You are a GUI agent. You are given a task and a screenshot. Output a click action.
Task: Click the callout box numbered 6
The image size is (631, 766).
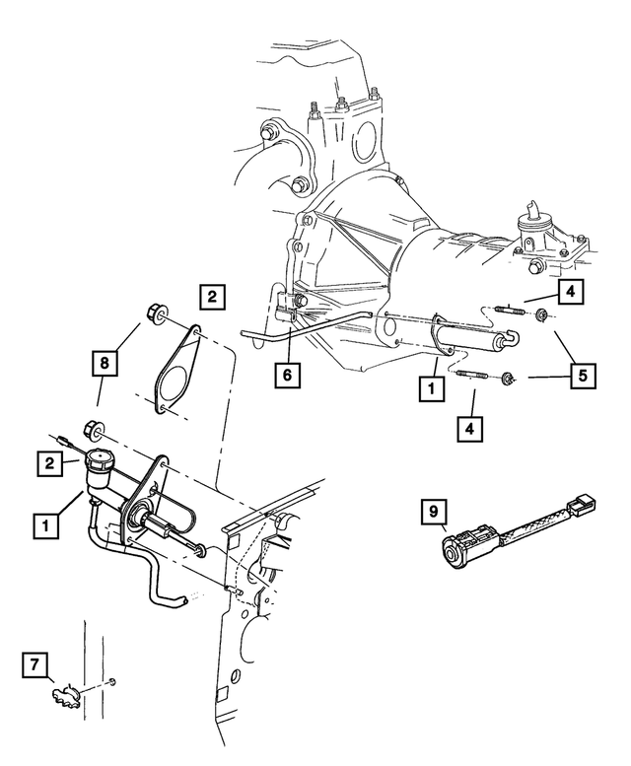[x=287, y=376]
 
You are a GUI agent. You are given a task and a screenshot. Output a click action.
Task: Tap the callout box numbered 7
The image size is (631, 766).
[x=35, y=664]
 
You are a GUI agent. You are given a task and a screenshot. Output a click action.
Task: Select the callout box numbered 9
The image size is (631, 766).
[x=434, y=512]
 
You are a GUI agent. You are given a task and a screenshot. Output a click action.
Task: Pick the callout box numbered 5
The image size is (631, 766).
[x=583, y=377]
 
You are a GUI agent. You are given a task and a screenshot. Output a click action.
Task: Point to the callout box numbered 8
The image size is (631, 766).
[x=105, y=363]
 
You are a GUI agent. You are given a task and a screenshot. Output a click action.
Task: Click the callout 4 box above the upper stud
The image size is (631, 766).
[x=571, y=292]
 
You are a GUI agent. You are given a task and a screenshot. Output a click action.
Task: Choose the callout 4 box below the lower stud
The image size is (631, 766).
[x=470, y=429]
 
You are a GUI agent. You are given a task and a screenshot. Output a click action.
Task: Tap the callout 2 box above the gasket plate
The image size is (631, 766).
[x=212, y=297]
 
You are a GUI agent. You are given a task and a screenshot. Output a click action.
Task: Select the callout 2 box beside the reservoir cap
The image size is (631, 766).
[x=50, y=463]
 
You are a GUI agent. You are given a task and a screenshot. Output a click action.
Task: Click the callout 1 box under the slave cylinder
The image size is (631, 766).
[x=431, y=388]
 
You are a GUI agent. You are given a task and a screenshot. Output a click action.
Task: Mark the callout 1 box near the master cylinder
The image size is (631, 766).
[x=46, y=526]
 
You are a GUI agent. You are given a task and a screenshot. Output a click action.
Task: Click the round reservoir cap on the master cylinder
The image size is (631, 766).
[x=99, y=459]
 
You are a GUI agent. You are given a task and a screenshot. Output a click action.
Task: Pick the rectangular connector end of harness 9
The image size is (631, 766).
[x=582, y=504]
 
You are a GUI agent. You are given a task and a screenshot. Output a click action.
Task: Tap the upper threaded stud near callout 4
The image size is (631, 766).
[x=510, y=310]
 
